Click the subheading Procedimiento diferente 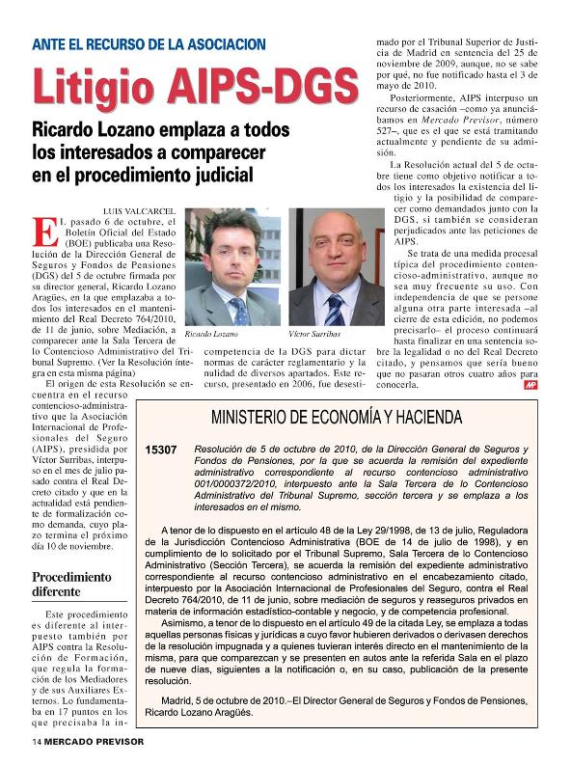72,586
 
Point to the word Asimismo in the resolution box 188,625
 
